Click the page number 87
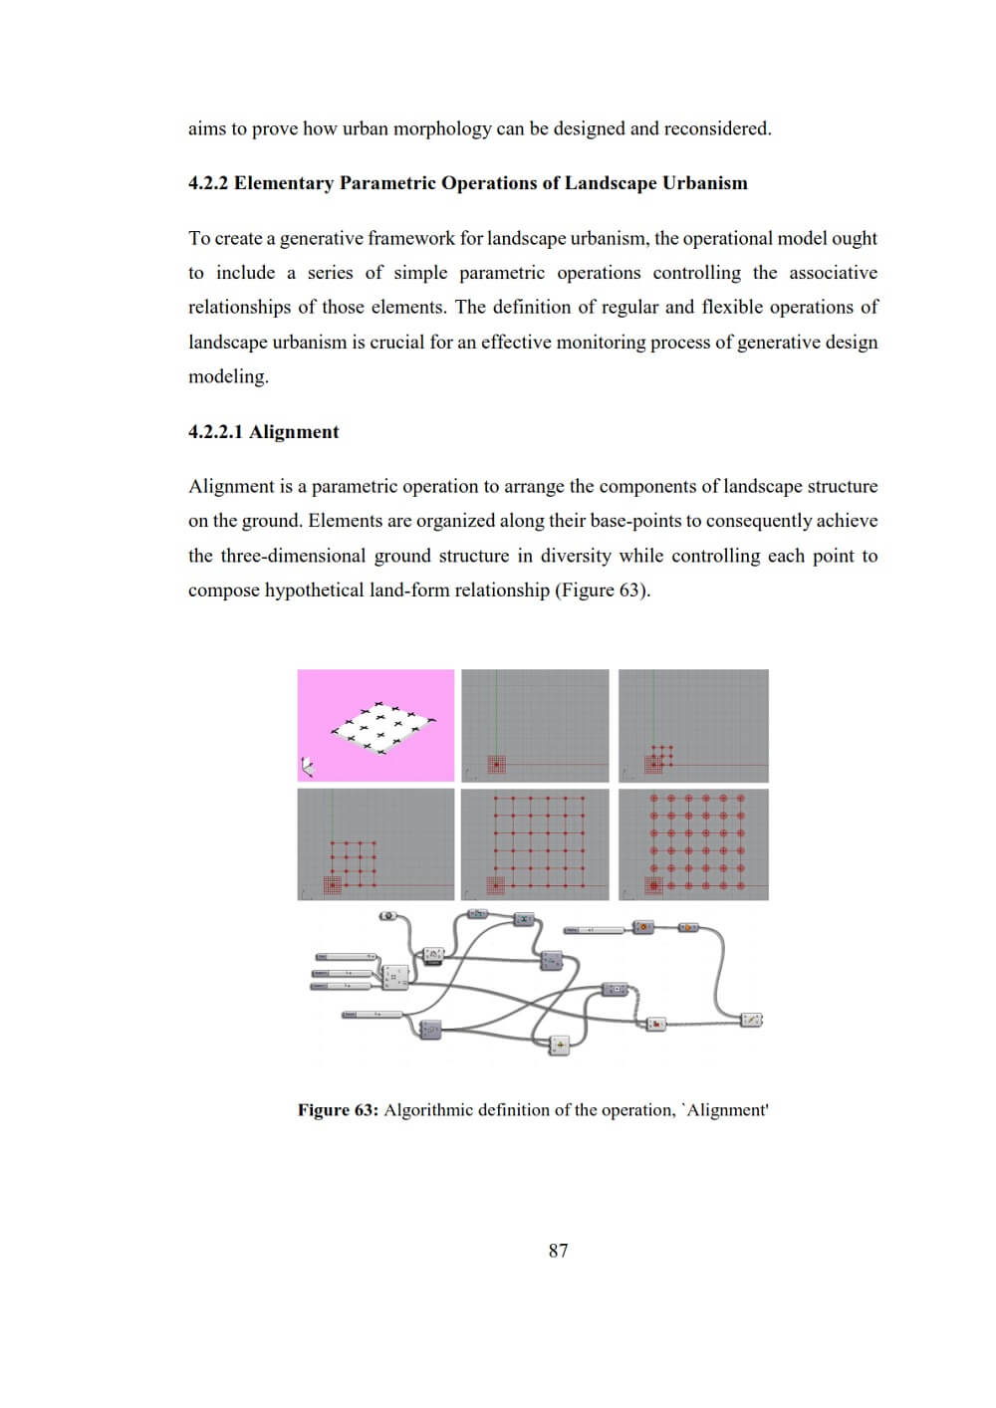click(x=558, y=1251)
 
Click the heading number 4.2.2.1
click(x=215, y=432)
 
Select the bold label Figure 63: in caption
click(x=338, y=1110)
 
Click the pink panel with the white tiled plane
click(x=375, y=725)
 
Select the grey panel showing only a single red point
click(x=535, y=725)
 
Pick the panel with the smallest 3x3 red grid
click(x=693, y=725)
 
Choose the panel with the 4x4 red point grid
click(x=375, y=844)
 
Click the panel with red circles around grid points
click(x=693, y=844)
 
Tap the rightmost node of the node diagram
click(x=752, y=1020)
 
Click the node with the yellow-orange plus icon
click(x=559, y=1045)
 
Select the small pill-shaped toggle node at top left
click(x=388, y=916)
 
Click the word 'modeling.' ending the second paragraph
click(x=228, y=377)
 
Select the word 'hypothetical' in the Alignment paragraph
click(x=314, y=590)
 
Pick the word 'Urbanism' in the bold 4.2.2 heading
click(x=704, y=183)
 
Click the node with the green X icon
click(x=524, y=919)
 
